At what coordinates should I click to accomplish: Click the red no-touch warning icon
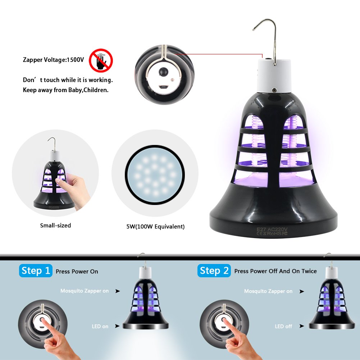[101, 60]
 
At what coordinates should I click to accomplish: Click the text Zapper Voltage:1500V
[53, 60]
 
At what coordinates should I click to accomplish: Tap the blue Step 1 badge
[36, 270]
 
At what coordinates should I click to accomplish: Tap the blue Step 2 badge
[214, 270]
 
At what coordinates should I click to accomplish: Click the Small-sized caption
[55, 225]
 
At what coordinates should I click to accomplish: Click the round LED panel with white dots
[155, 175]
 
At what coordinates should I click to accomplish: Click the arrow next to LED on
[117, 326]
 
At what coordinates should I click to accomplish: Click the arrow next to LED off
[301, 326]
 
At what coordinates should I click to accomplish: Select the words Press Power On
[77, 272]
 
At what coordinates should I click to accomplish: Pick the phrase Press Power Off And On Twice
[275, 271]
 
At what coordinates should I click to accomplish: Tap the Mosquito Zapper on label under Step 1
[85, 291]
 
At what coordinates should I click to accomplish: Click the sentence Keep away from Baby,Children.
[65, 90]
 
